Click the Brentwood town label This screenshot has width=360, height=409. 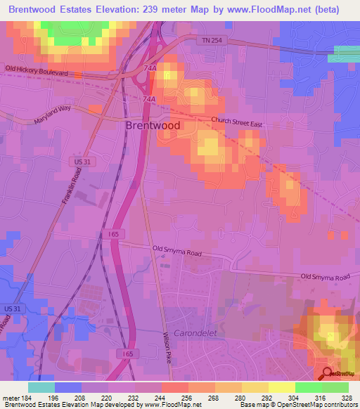coord(153,126)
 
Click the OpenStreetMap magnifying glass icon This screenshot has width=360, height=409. coord(326,373)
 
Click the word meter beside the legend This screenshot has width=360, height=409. coord(9,398)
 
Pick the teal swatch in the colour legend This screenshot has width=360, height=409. coord(41,387)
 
